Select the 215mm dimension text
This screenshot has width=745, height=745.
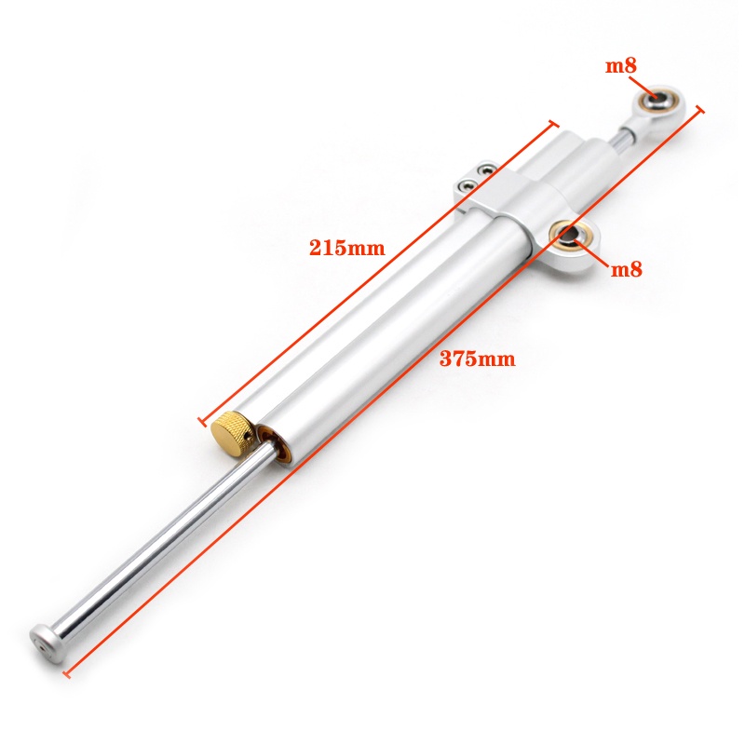pyautogui.click(x=346, y=248)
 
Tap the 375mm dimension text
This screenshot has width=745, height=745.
pyautogui.click(x=477, y=359)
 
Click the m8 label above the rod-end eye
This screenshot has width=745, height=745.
pyautogui.click(x=621, y=66)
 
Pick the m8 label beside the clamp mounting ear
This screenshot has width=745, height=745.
pyautogui.click(x=626, y=270)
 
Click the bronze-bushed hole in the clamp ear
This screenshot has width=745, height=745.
pyautogui.click(x=571, y=235)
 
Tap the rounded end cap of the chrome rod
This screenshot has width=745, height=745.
pyautogui.click(x=43, y=640)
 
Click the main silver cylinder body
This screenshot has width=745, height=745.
pyautogui.click(x=391, y=317)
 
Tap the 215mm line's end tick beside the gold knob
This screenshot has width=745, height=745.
pyautogui.click(x=203, y=420)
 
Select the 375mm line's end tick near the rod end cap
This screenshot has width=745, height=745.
pyautogui.click(x=64, y=669)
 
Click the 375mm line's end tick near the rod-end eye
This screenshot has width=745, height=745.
pyautogui.click(x=699, y=110)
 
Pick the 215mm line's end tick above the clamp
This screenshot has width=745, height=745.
pyautogui.click(x=555, y=124)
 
